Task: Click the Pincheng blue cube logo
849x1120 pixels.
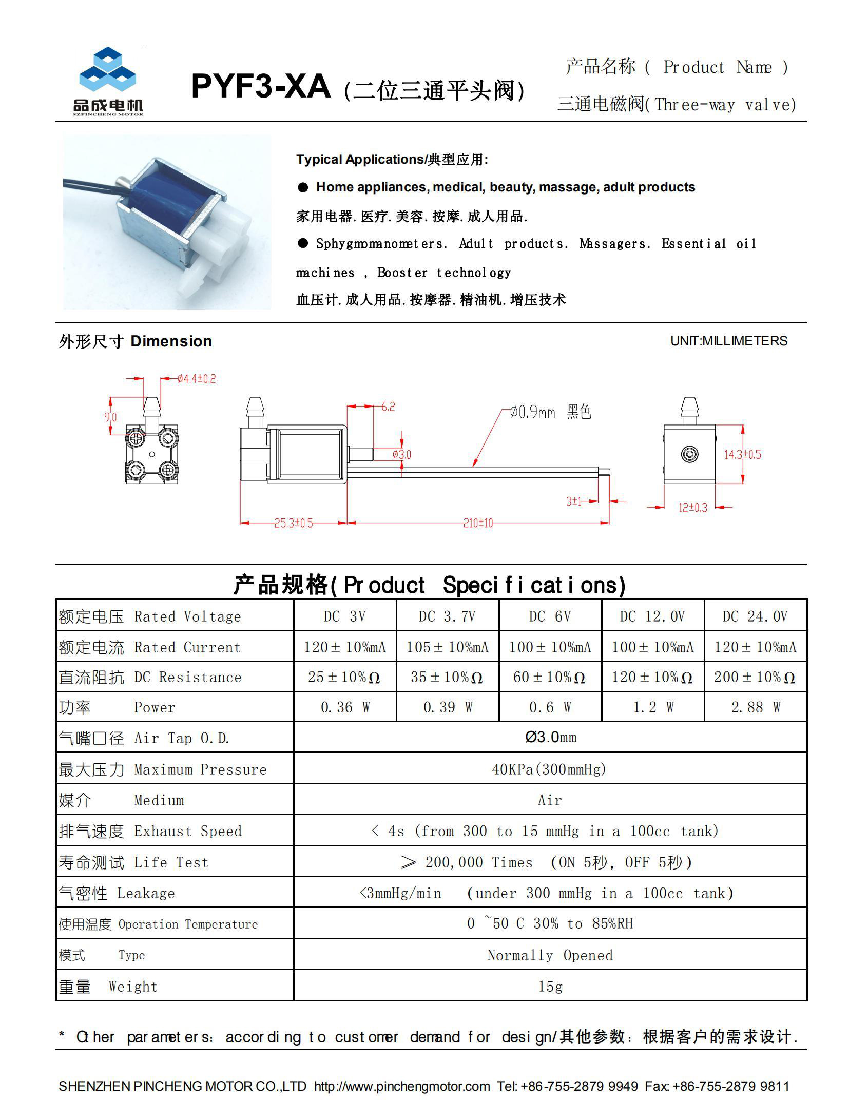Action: pyautogui.click(x=108, y=71)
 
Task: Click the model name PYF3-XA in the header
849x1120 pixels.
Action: pyautogui.click(x=260, y=87)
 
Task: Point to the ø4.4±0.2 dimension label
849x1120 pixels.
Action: pyautogui.click(x=197, y=379)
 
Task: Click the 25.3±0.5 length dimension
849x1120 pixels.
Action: pyautogui.click(x=293, y=523)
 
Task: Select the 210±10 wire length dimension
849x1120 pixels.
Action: pyautogui.click(x=478, y=523)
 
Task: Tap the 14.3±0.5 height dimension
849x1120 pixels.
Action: pyautogui.click(x=742, y=454)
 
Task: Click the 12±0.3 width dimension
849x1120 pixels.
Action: pyautogui.click(x=692, y=508)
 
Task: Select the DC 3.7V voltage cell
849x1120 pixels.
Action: pyautogui.click(x=447, y=616)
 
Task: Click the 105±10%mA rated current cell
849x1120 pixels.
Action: pyautogui.click(x=447, y=647)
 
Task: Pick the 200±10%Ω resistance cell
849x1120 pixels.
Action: pyautogui.click(x=755, y=677)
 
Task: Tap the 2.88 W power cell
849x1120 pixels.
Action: pyautogui.click(x=756, y=707)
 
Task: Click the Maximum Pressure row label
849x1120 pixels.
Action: pyautogui.click(x=200, y=769)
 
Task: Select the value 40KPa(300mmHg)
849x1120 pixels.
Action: pyautogui.click(x=549, y=769)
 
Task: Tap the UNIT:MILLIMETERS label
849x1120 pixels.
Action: pyautogui.click(x=728, y=341)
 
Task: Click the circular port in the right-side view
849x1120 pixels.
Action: pyautogui.click(x=689, y=454)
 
